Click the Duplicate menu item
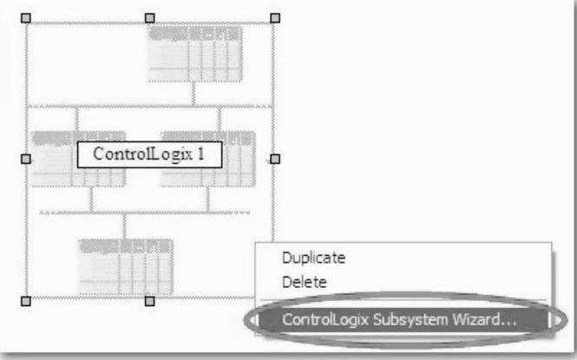click(x=313, y=258)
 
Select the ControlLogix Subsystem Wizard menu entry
click(x=400, y=319)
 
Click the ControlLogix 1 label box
click(x=148, y=154)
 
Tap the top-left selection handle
click(x=25, y=18)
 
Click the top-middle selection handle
click(x=149, y=18)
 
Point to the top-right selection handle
click(x=275, y=18)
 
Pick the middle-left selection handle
click(x=25, y=159)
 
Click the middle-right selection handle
click(x=275, y=159)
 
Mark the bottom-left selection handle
click(x=25, y=300)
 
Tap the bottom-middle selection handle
click(x=149, y=300)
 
